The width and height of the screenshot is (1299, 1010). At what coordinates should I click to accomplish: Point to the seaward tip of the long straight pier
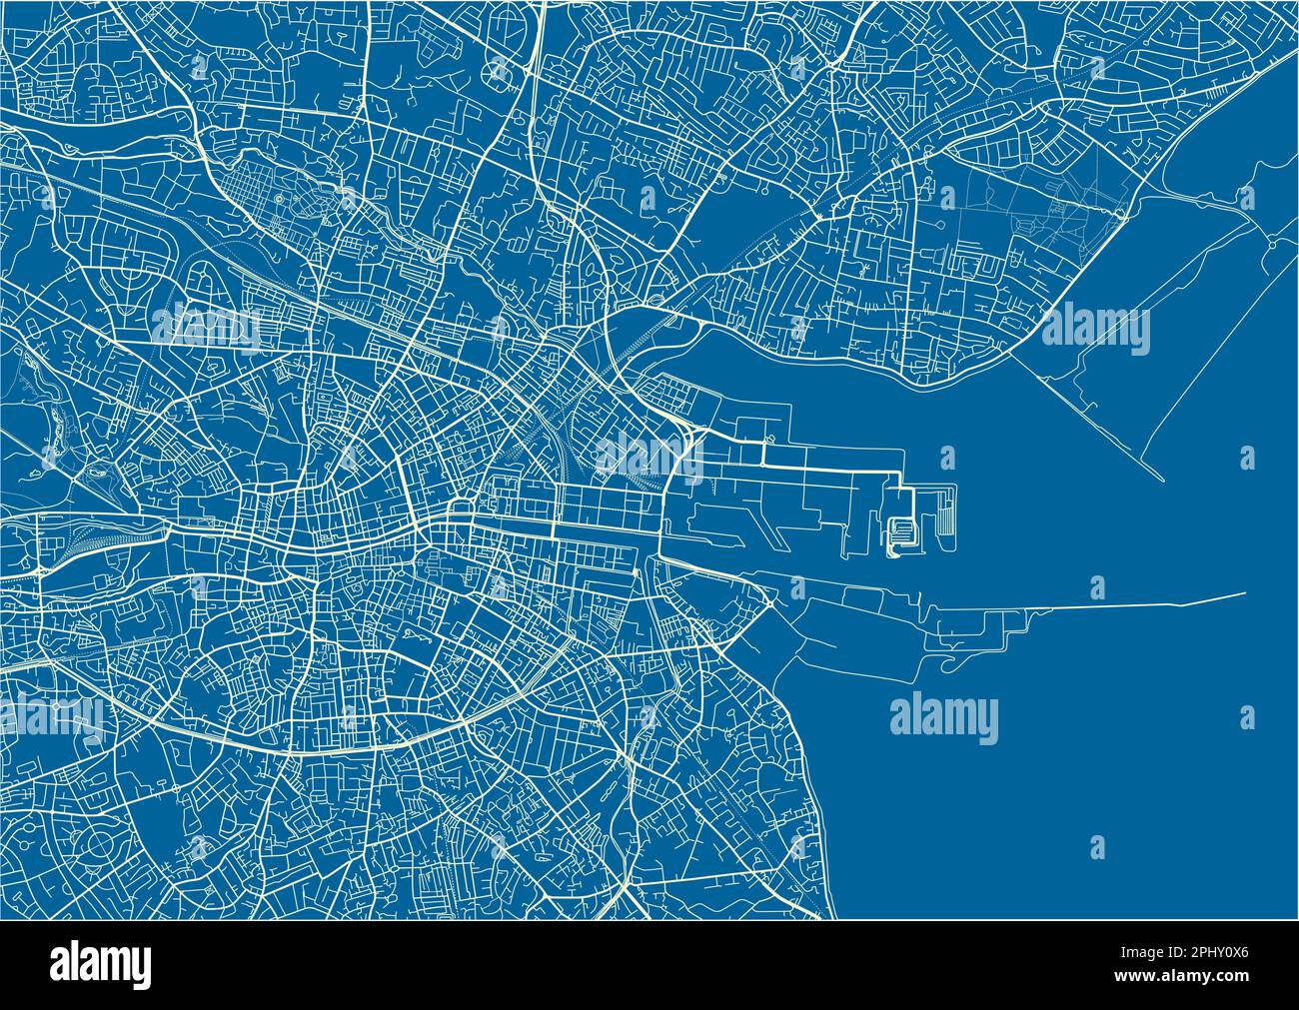[1245, 594]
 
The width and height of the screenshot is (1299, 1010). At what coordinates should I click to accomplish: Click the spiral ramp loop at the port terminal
[900, 532]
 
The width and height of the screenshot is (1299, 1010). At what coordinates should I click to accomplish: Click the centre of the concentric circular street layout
[103, 846]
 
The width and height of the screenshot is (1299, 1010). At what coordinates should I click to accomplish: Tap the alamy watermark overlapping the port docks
[649, 456]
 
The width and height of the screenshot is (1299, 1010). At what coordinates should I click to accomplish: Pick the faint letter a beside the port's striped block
[946, 458]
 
